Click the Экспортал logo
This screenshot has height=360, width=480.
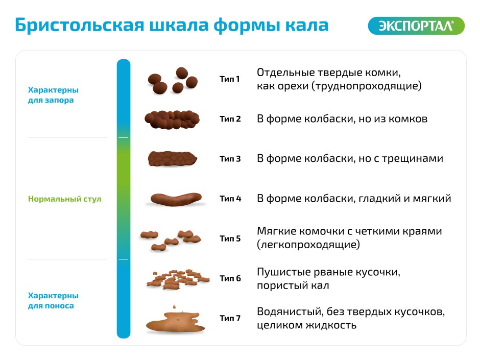pyautogui.click(x=416, y=26)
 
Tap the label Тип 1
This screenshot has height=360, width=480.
pyautogui.click(x=230, y=79)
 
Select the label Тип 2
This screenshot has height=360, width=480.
pyautogui.click(x=230, y=119)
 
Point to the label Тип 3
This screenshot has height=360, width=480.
pyautogui.click(x=230, y=159)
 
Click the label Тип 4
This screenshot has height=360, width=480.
pyautogui.click(x=230, y=199)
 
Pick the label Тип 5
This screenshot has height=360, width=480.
pyautogui.click(x=230, y=238)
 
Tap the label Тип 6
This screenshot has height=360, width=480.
pyautogui.click(x=230, y=278)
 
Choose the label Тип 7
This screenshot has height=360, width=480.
pyautogui.click(x=230, y=318)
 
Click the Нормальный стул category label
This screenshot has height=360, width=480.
pyautogui.click(x=64, y=199)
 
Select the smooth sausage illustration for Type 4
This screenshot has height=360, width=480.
pyautogui.click(x=176, y=199)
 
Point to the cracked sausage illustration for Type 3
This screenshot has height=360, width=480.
pyautogui.click(x=173, y=159)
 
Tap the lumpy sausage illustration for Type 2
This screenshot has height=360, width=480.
pyautogui.click(x=172, y=119)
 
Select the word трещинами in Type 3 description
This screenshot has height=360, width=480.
pyautogui.click(x=413, y=159)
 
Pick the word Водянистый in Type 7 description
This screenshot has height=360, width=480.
pyautogui.click(x=290, y=311)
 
